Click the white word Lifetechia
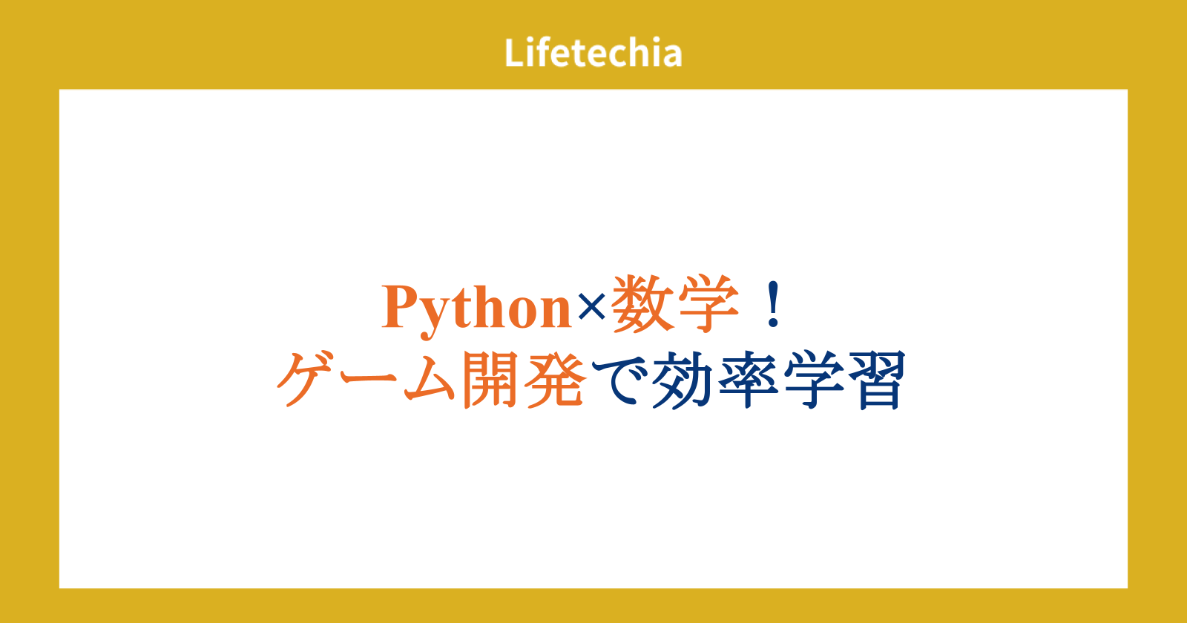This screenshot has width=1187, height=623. [593, 53]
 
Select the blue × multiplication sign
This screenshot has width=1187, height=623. [592, 307]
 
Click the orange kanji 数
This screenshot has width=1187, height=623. [642, 304]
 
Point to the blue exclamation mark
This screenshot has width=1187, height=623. [774, 304]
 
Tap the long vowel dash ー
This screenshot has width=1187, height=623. [369, 377]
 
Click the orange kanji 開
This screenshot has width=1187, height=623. [490, 379]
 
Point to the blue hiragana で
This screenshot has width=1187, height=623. [619, 380]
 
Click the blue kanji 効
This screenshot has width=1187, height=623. [682, 380]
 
